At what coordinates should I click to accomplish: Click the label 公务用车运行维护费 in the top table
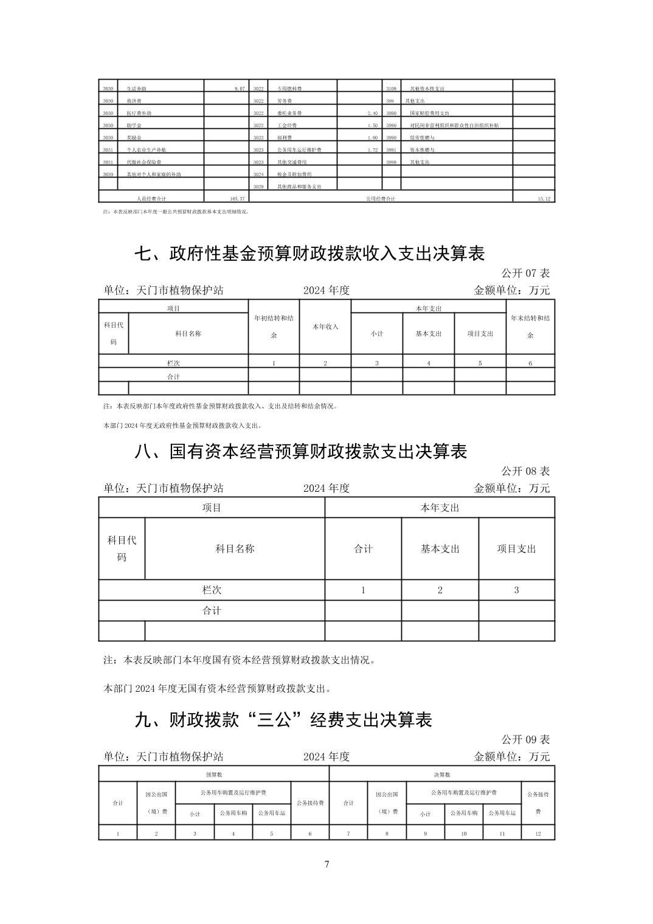coord(299,150)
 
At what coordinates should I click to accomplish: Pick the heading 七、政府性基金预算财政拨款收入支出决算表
coord(309,253)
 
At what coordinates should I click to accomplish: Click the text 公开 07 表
coord(525,274)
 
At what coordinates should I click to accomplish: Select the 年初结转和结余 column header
coord(274,326)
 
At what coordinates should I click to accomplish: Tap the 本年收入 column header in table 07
coord(325,326)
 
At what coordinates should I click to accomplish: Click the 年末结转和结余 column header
coord(530,326)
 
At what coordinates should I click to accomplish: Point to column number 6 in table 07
coord(530,364)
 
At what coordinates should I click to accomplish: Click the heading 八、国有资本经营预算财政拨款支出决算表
coord(300,452)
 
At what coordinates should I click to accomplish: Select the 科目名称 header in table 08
coord(235,548)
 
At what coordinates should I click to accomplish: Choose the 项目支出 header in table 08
coord(517,548)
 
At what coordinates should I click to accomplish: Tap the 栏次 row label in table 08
coord(212,590)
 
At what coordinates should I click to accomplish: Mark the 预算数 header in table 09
coord(214,774)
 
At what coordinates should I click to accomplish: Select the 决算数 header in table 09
coord(442,774)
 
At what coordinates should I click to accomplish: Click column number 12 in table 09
coord(538,833)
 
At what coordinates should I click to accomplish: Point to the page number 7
coord(326,864)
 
